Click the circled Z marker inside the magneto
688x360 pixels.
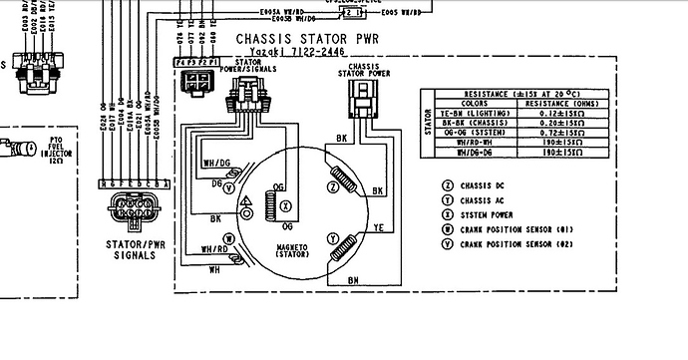[x=332, y=186]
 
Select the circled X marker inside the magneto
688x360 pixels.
[x=286, y=204]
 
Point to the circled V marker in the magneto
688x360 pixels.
[x=229, y=186]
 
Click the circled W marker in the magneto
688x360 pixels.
[x=229, y=238]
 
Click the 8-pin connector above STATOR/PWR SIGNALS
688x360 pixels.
[x=132, y=210]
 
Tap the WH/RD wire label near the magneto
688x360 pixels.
[x=214, y=249]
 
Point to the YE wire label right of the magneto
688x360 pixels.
[x=378, y=226]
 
